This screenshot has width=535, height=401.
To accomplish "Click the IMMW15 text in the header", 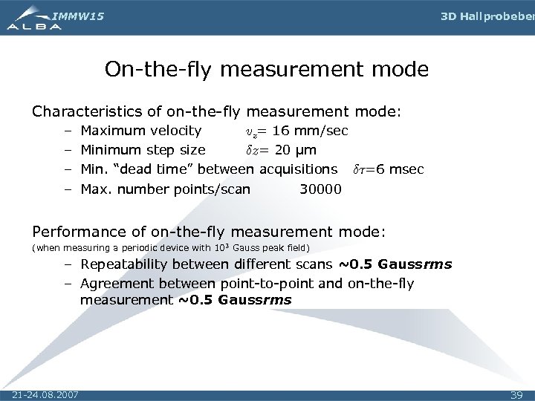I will coord(78,14).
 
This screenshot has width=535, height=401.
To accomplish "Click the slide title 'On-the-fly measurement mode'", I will coord(267,70).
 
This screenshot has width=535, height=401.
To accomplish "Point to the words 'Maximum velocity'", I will coord(140,131).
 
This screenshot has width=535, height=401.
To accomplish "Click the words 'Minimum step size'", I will coord(143,151).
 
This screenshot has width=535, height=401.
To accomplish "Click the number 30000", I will coord(320,189).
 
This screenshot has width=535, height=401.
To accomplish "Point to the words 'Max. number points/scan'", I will coord(165,189).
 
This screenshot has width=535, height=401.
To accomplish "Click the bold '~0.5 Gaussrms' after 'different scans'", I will coord(395,264).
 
